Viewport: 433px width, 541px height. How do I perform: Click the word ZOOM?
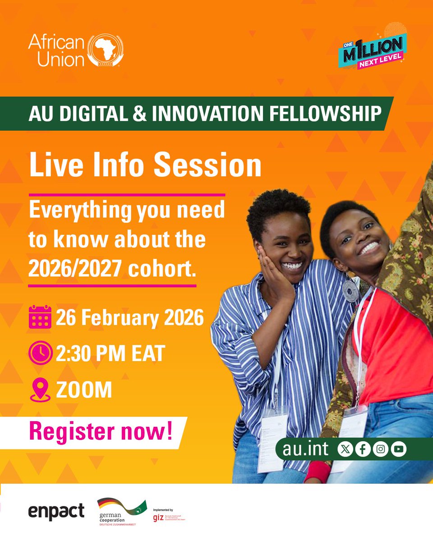pyautogui.click(x=84, y=390)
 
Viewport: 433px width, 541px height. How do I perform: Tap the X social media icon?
pyautogui.click(x=345, y=449)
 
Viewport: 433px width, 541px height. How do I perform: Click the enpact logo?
pyautogui.click(x=56, y=511)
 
